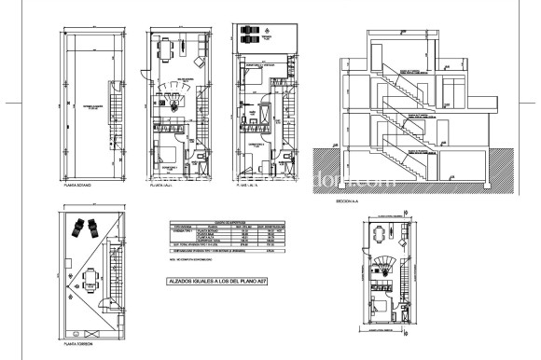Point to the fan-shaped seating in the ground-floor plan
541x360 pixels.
pyautogui.click(x=173, y=90)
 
